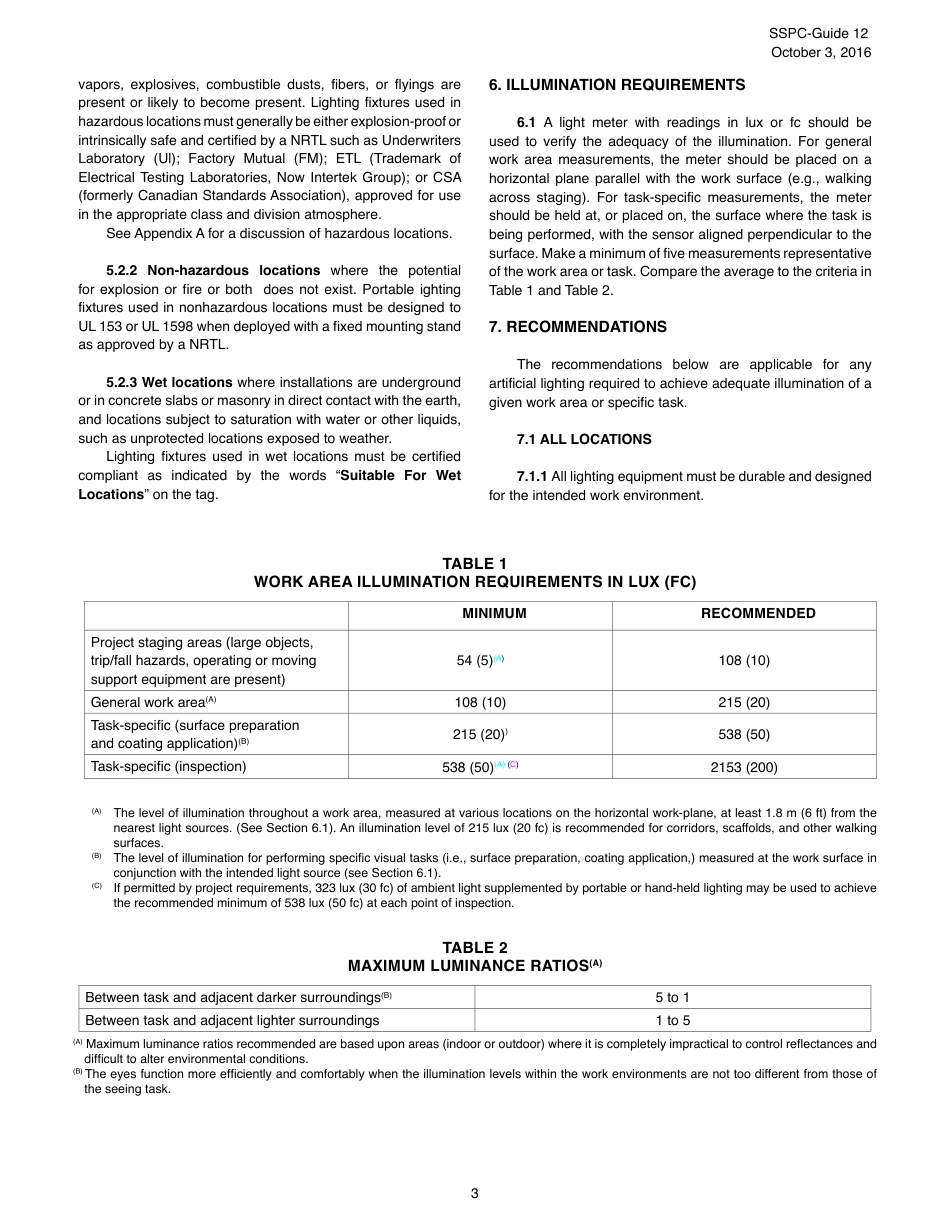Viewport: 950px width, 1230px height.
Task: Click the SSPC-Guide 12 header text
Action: [x=818, y=33]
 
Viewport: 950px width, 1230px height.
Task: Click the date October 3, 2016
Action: [x=820, y=52]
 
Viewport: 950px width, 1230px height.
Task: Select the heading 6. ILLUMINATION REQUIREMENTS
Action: [x=617, y=85]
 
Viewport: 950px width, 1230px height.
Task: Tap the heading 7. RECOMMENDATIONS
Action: [x=578, y=327]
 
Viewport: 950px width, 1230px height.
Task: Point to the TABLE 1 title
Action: [x=475, y=564]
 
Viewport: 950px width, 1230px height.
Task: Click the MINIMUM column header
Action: [x=494, y=614]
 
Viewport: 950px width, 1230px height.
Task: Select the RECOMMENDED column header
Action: [x=758, y=614]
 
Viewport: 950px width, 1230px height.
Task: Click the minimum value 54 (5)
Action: [x=476, y=661]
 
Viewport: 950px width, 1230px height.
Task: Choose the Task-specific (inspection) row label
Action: [x=168, y=767]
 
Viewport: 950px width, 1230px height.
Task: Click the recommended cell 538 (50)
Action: [x=744, y=734]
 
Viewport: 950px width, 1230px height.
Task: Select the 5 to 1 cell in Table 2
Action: [x=672, y=998]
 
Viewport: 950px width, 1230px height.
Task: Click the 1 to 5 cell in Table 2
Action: [x=672, y=1021]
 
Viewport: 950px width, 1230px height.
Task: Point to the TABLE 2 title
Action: [x=475, y=948]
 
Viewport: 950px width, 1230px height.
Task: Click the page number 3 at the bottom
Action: [x=474, y=1193]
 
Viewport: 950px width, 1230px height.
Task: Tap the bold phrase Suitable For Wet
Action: [x=400, y=476]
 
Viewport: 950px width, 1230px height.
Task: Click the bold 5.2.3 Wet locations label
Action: [x=169, y=383]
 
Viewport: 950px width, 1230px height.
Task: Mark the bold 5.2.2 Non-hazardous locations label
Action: [x=213, y=271]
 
